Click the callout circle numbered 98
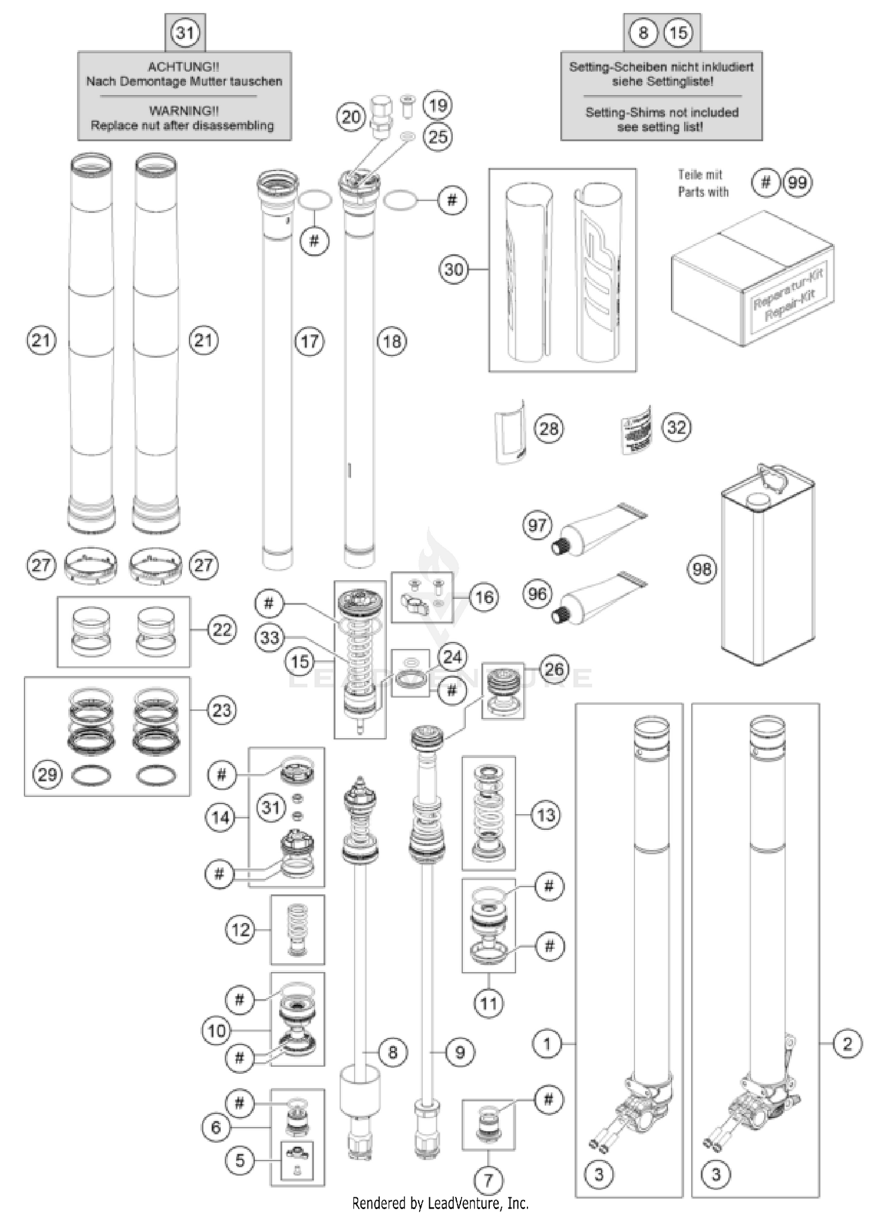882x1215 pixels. tap(702, 569)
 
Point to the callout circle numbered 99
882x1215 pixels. tap(797, 183)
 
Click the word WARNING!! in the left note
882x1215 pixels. tap(183, 111)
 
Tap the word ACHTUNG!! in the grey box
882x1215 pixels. tap(183, 67)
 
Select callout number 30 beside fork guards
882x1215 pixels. tap(454, 269)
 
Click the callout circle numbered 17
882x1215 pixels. tap(309, 341)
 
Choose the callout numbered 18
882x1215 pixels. tap(392, 341)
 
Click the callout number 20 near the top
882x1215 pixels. tap(351, 117)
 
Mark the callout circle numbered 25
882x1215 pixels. tap(438, 137)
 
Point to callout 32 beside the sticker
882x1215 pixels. tap(676, 427)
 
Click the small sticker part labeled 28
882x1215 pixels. tap(509, 431)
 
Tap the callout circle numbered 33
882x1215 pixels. tap(270, 637)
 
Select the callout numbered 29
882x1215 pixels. tap(47, 774)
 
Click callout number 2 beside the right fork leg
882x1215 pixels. tap(847, 1044)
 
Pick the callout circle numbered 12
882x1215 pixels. tap(240, 930)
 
